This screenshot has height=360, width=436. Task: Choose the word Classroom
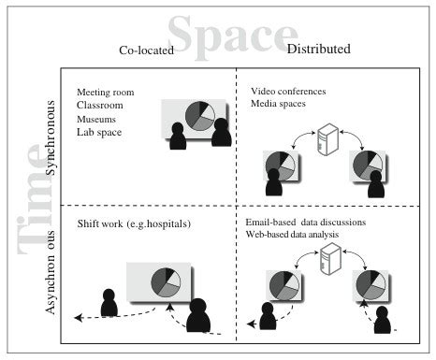tap(102, 105)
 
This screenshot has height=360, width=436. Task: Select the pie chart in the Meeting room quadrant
tap(199, 116)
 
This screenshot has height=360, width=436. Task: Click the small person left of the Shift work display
tap(109, 301)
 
